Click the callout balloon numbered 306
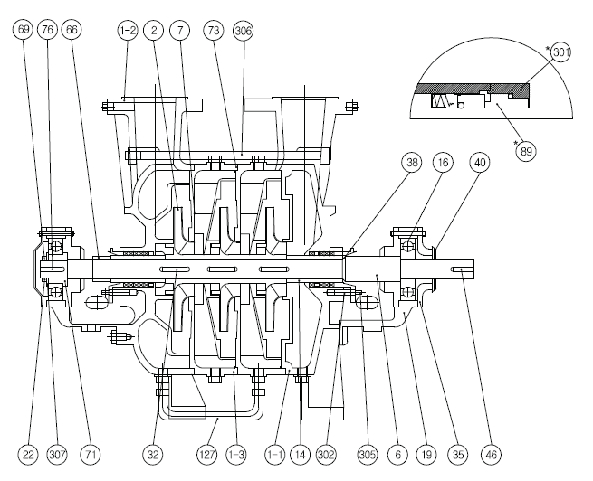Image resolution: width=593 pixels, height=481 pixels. [244, 31]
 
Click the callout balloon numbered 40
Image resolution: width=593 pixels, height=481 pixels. [479, 163]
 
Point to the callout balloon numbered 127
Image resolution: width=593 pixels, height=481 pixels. [207, 455]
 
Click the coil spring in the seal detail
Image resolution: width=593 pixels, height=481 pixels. [441, 101]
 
